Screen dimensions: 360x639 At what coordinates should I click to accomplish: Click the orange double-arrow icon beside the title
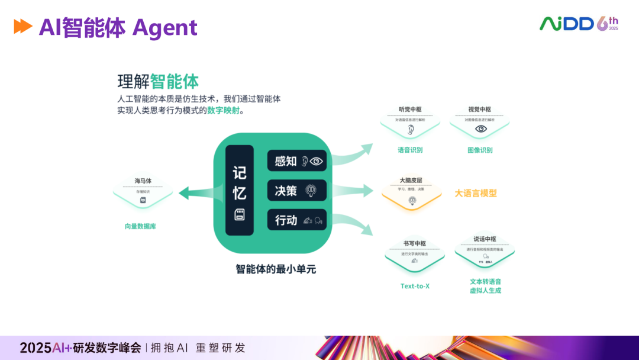(x=23, y=27)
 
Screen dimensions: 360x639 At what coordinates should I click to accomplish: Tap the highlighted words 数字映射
(x=224, y=110)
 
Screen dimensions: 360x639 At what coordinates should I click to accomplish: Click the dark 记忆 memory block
(x=239, y=190)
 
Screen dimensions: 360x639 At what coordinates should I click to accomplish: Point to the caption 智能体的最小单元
(x=276, y=269)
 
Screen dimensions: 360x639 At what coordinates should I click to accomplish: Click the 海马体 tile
(x=143, y=191)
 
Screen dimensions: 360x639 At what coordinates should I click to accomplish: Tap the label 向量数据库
(x=140, y=226)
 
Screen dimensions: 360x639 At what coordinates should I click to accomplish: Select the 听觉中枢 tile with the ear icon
(x=410, y=121)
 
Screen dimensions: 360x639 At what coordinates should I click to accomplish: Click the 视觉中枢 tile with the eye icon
(x=480, y=121)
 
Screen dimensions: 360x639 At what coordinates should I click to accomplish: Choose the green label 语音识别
(x=410, y=150)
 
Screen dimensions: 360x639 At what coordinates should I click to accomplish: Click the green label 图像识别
(x=480, y=150)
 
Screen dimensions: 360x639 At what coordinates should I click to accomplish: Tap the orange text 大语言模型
(x=476, y=193)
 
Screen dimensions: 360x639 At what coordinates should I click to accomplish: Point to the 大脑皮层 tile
(x=411, y=191)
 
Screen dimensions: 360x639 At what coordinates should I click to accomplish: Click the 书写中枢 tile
(x=414, y=253)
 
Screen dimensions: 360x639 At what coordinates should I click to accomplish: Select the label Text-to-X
(x=415, y=287)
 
